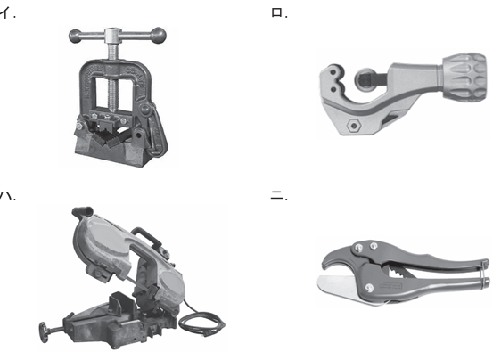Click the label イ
pyautogui.click(x=7, y=13)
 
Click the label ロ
pyautogui.click(x=279, y=13)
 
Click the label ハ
pyautogui.click(x=8, y=195)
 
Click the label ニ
pyautogui.click(x=279, y=195)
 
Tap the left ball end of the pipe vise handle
pyautogui.click(x=75, y=37)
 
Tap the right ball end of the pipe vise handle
pyautogui.click(x=159, y=35)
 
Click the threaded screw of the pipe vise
pyautogui.click(x=113, y=80)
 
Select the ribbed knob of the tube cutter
pyautogui.click(x=464, y=77)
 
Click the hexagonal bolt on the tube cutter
pyautogui.click(x=354, y=125)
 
